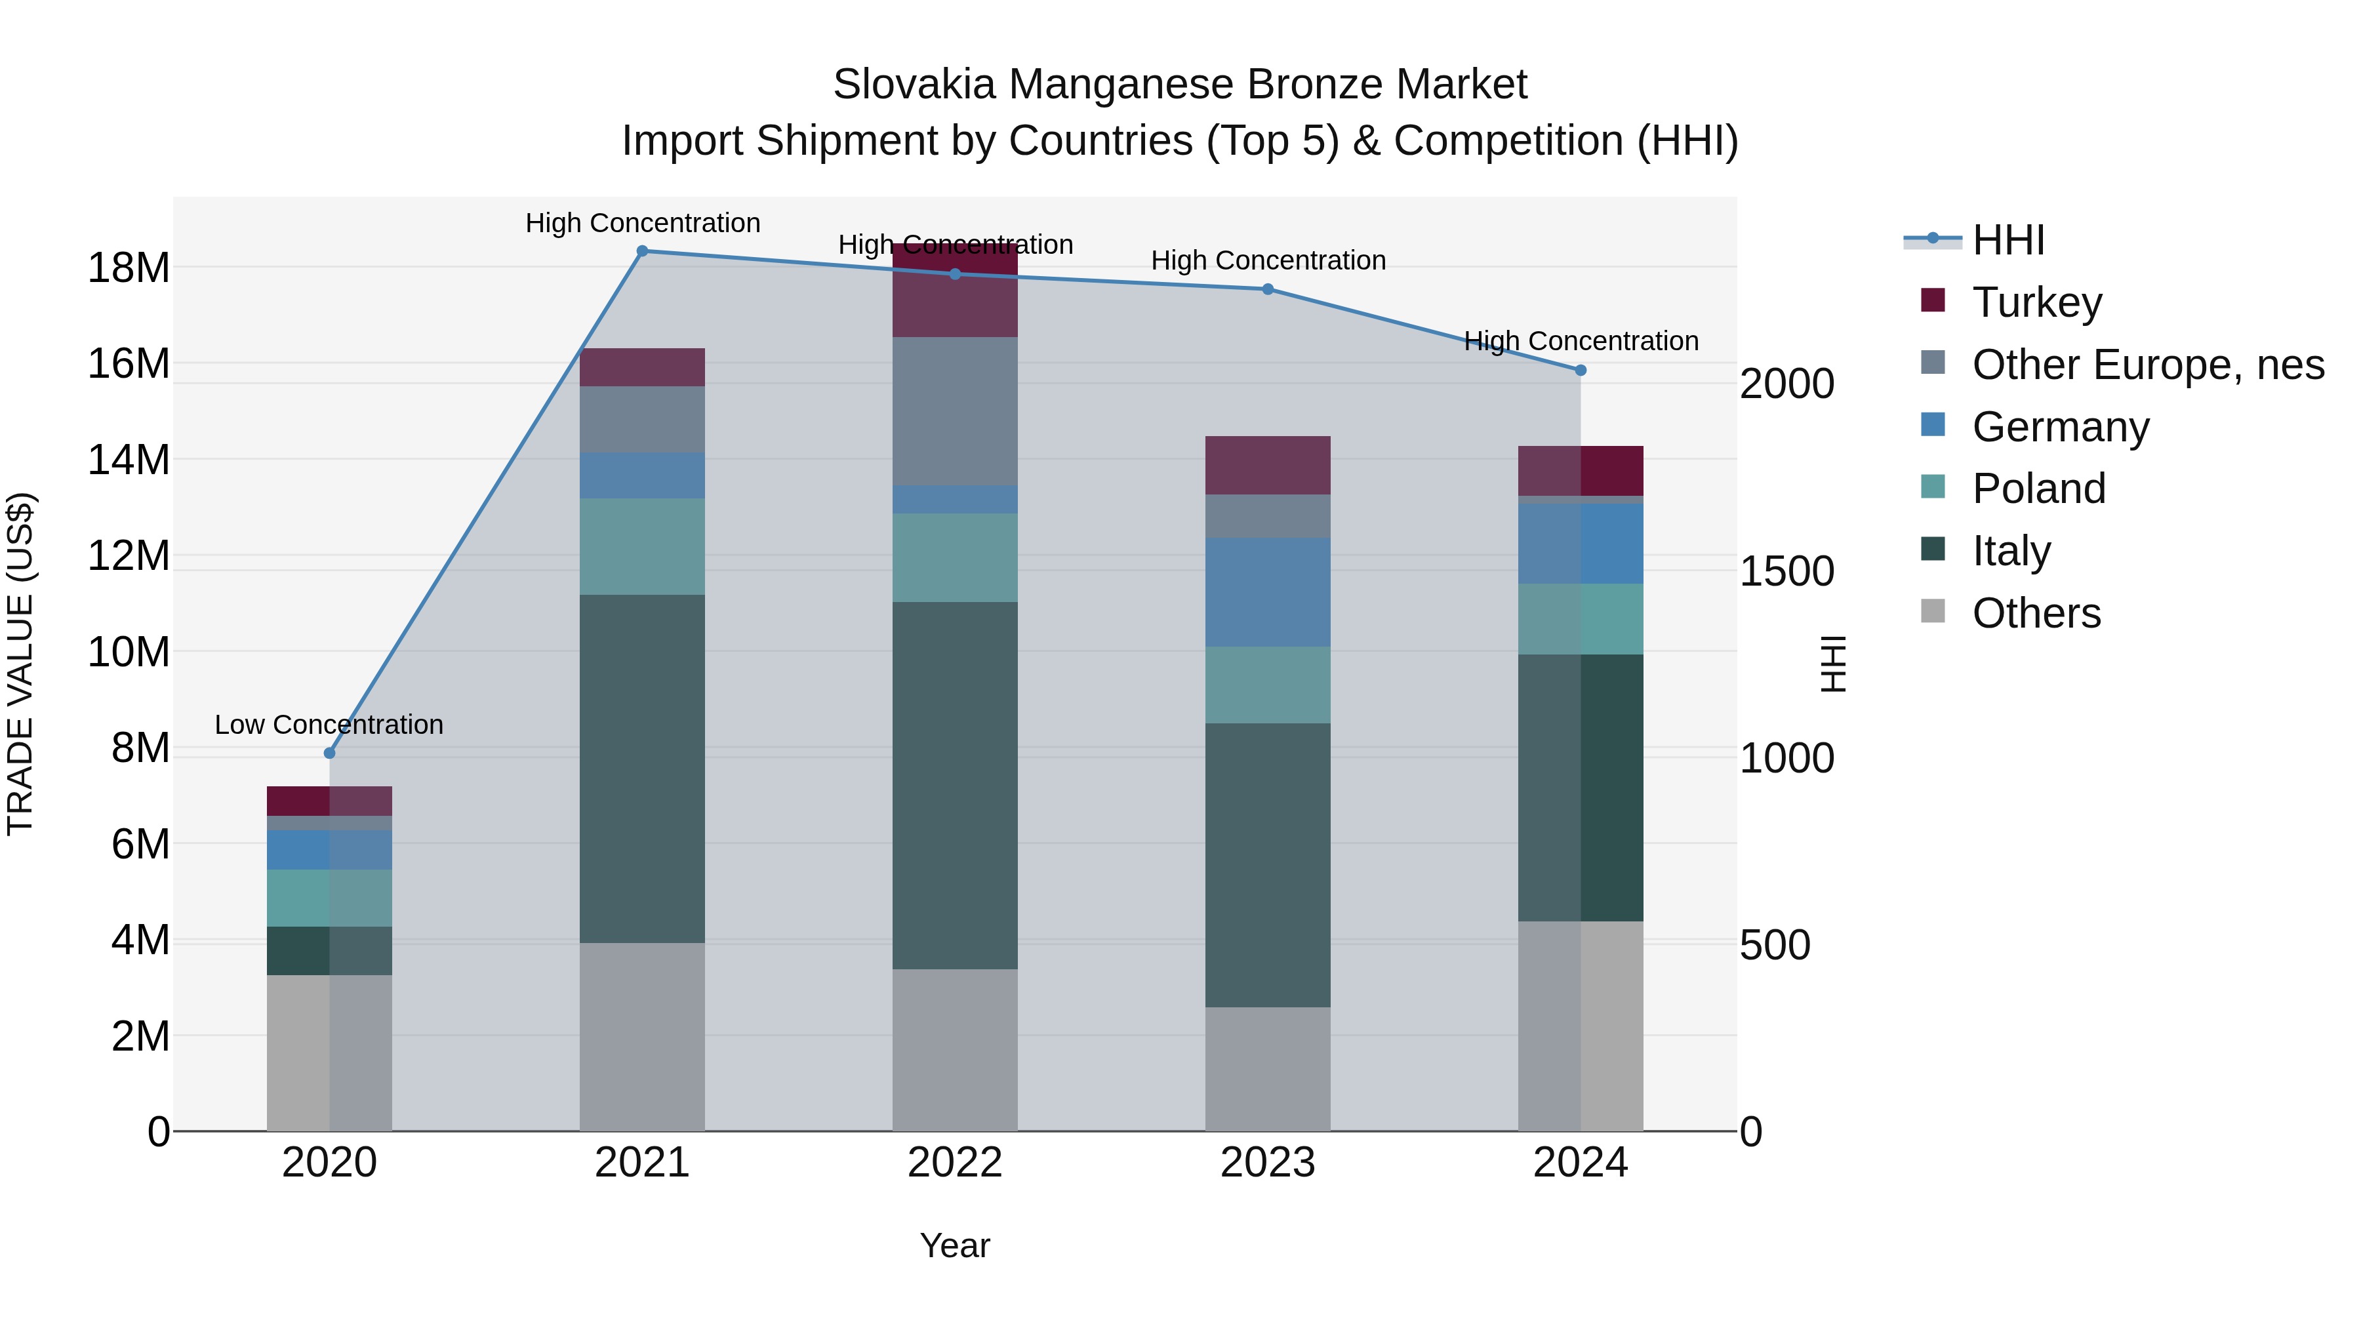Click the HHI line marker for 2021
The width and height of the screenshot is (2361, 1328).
(643, 251)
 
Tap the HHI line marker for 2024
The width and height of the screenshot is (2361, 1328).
(1580, 371)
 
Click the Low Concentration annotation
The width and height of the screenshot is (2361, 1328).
(329, 725)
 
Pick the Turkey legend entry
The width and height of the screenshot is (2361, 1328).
(2036, 302)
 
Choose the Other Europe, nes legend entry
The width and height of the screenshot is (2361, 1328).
(2147, 365)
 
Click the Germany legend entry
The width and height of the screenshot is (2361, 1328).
(2061, 427)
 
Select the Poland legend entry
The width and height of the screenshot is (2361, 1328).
(2038, 489)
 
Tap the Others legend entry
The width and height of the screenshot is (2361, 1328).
(2036, 613)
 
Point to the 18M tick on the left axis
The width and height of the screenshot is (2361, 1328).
(129, 268)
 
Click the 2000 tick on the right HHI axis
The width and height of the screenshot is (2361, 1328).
(1786, 384)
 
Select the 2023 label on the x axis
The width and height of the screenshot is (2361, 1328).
(1268, 1163)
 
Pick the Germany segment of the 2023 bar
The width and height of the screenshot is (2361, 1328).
(1268, 592)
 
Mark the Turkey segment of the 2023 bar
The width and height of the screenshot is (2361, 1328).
(1268, 466)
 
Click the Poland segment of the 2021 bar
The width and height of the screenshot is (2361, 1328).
(643, 546)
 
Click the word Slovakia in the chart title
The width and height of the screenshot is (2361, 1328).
(914, 85)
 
